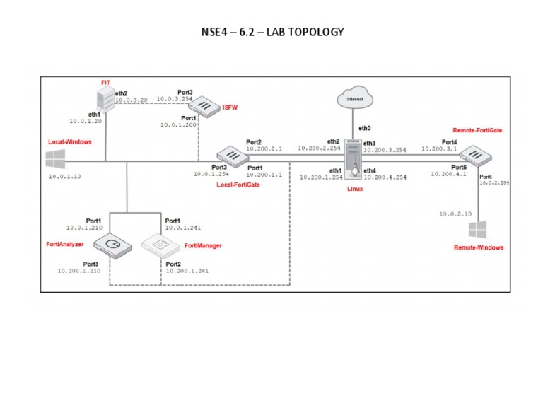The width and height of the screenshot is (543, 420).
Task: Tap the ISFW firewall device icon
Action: pos(205,107)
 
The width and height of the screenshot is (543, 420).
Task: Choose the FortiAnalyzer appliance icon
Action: pos(112,245)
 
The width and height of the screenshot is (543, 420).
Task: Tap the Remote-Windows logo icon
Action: pos(479,229)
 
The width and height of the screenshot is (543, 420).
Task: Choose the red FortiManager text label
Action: pos(203,245)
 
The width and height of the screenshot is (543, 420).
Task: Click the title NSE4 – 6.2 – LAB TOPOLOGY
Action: pos(272,33)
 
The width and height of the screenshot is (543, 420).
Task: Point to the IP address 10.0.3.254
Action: pos(174,100)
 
